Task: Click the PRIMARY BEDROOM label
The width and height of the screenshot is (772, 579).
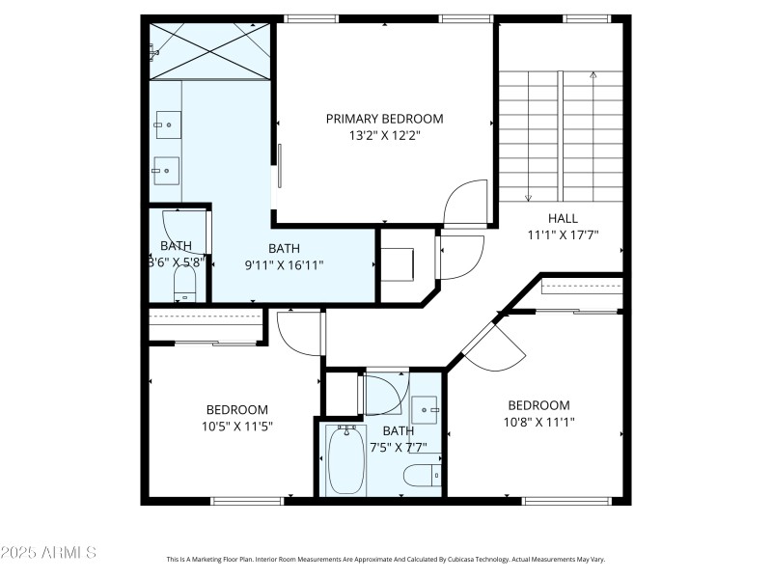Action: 384,119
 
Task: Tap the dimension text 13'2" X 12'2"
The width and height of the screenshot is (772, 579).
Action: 384,136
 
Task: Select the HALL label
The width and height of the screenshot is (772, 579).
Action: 563,218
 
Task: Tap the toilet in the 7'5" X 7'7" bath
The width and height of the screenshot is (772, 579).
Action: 422,475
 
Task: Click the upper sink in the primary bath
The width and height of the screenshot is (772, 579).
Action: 165,123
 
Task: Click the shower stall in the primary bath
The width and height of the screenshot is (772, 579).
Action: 209,51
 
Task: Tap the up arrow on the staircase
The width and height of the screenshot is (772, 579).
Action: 593,75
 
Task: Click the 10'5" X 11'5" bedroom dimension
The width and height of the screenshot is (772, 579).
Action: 236,427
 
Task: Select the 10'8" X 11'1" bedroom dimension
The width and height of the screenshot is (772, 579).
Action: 538,423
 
